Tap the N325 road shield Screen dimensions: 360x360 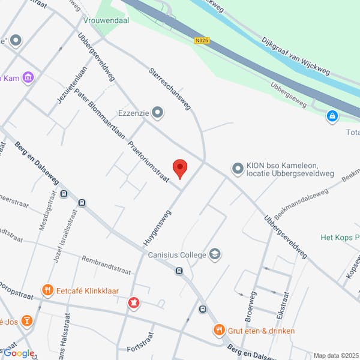pos(202,41)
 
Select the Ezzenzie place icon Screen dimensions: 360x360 pos(158,112)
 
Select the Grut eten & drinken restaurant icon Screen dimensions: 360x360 pos(220,329)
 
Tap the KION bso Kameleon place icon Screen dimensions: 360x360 pos(237,169)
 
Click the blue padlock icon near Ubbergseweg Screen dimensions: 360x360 pos(332,115)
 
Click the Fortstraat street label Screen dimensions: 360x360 pos(142,349)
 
